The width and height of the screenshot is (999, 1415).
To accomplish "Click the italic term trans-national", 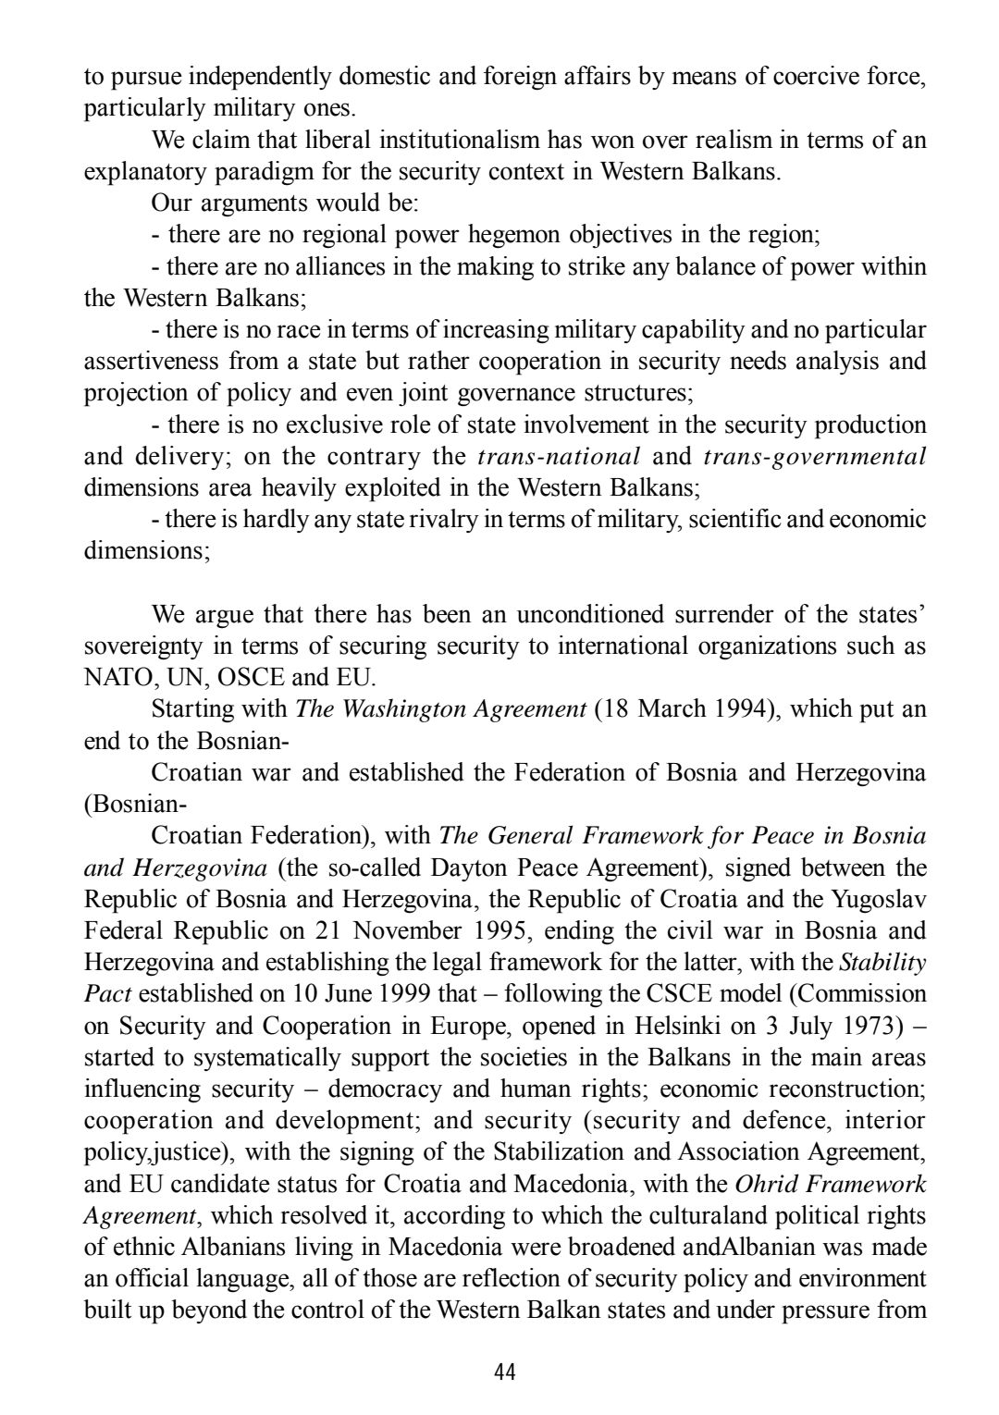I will coord(559,457).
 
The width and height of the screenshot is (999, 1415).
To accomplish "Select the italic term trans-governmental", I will coord(815,457).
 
